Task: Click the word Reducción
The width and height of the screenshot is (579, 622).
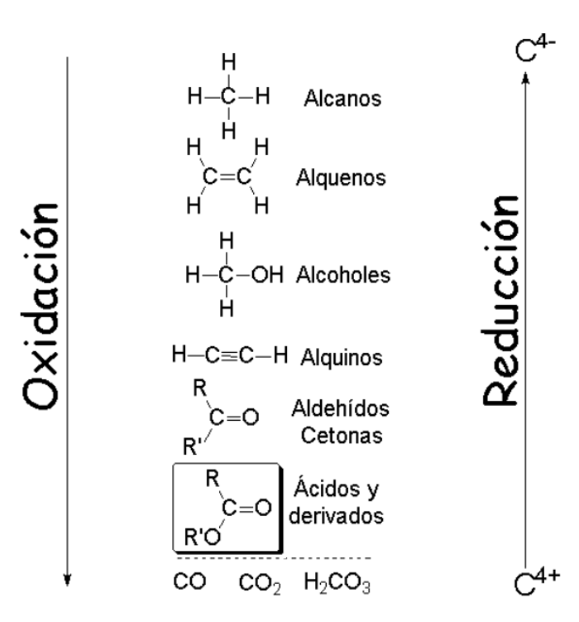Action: (x=500, y=301)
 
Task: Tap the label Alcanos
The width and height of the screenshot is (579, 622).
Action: (x=342, y=99)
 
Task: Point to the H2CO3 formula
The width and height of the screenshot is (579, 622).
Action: (x=337, y=583)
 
